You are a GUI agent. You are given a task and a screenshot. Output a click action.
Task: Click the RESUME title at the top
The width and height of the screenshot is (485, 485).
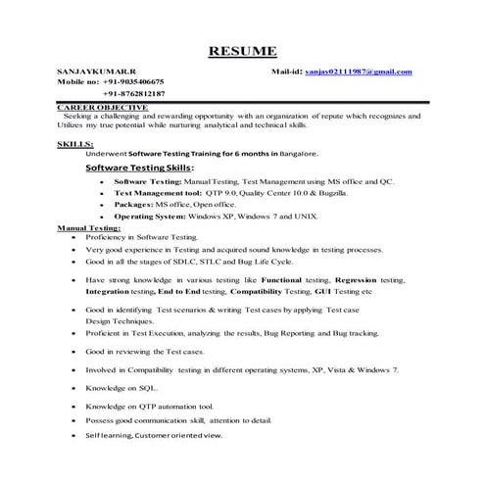pos(242,51)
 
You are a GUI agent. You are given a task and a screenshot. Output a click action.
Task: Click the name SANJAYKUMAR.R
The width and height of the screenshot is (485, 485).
pos(93,73)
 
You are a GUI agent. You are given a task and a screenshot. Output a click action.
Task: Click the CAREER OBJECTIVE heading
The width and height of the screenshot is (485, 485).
pos(102,106)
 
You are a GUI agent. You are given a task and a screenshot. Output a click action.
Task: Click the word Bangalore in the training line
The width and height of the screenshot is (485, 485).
pos(297,154)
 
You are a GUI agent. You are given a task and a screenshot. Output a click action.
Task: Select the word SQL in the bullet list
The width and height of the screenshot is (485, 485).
pos(137,388)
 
